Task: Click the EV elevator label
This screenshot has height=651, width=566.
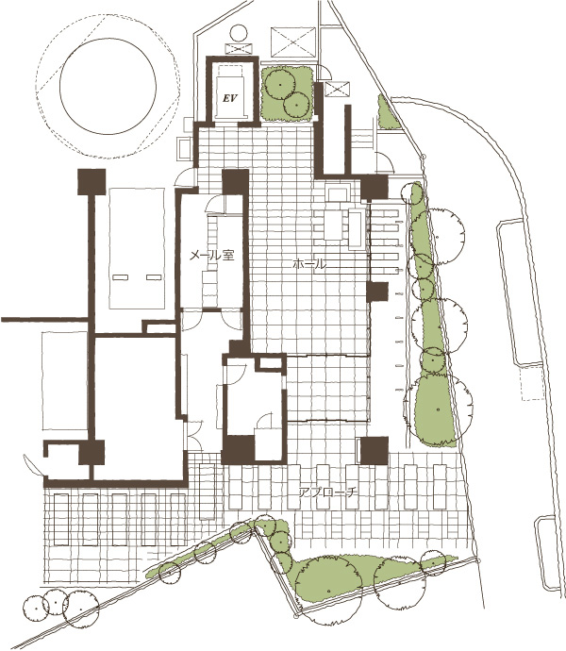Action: pyautogui.click(x=230, y=99)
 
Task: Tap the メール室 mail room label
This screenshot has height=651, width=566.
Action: pyautogui.click(x=212, y=255)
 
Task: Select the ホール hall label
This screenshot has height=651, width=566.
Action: pyautogui.click(x=309, y=263)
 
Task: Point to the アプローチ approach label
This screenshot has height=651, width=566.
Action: pyautogui.click(x=328, y=492)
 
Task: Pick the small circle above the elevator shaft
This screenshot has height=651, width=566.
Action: pyautogui.click(x=239, y=33)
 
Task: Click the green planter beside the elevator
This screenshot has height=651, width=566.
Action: pyautogui.click(x=287, y=93)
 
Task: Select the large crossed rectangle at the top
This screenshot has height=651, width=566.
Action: pyautogui.click(x=293, y=42)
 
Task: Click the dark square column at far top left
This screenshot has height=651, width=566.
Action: pyautogui.click(x=92, y=182)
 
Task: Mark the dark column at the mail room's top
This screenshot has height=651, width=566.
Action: pyautogui.click(x=236, y=182)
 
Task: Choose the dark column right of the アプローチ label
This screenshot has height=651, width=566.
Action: pyautogui.click(x=375, y=450)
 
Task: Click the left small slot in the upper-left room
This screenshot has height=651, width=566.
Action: pyautogui.click(x=120, y=277)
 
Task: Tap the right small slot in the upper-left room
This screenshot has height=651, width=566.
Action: pyautogui.click(x=154, y=277)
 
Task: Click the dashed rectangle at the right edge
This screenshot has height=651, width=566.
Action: pyautogui.click(x=533, y=382)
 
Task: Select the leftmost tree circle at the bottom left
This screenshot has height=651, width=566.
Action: pyautogui.click(x=35, y=608)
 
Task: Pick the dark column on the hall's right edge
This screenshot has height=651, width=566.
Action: pyautogui.click(x=377, y=292)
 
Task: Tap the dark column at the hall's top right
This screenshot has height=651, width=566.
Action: pyautogui.click(x=375, y=187)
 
